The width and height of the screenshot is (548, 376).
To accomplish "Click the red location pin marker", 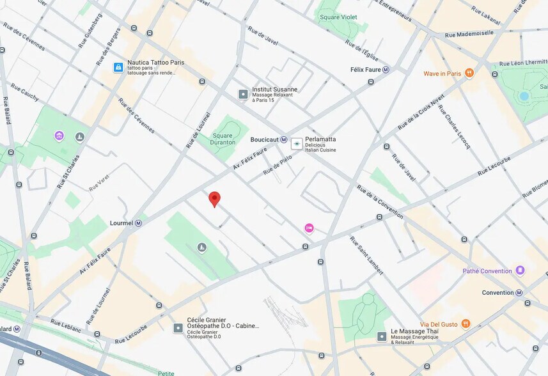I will coord(215,199).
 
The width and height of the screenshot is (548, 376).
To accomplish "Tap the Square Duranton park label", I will coord(223,139).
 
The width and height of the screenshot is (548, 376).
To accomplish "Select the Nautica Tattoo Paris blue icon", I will coord(118,67).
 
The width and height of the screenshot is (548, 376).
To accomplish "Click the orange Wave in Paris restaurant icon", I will coord(469,74).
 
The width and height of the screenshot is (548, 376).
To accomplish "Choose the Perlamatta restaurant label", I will coord(320,139).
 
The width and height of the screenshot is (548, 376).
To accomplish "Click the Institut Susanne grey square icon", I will coord(243,94).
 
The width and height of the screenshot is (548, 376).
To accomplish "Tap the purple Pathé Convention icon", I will coord(520,270).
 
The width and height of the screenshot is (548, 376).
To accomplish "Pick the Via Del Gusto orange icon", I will coord(466,324).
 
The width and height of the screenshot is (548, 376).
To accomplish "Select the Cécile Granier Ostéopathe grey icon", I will coord(178,328).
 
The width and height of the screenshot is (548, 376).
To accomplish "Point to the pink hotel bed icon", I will coord(309,228).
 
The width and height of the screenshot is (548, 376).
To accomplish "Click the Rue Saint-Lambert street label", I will coord(366,256).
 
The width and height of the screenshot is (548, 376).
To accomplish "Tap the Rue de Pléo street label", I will coord(278,165).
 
